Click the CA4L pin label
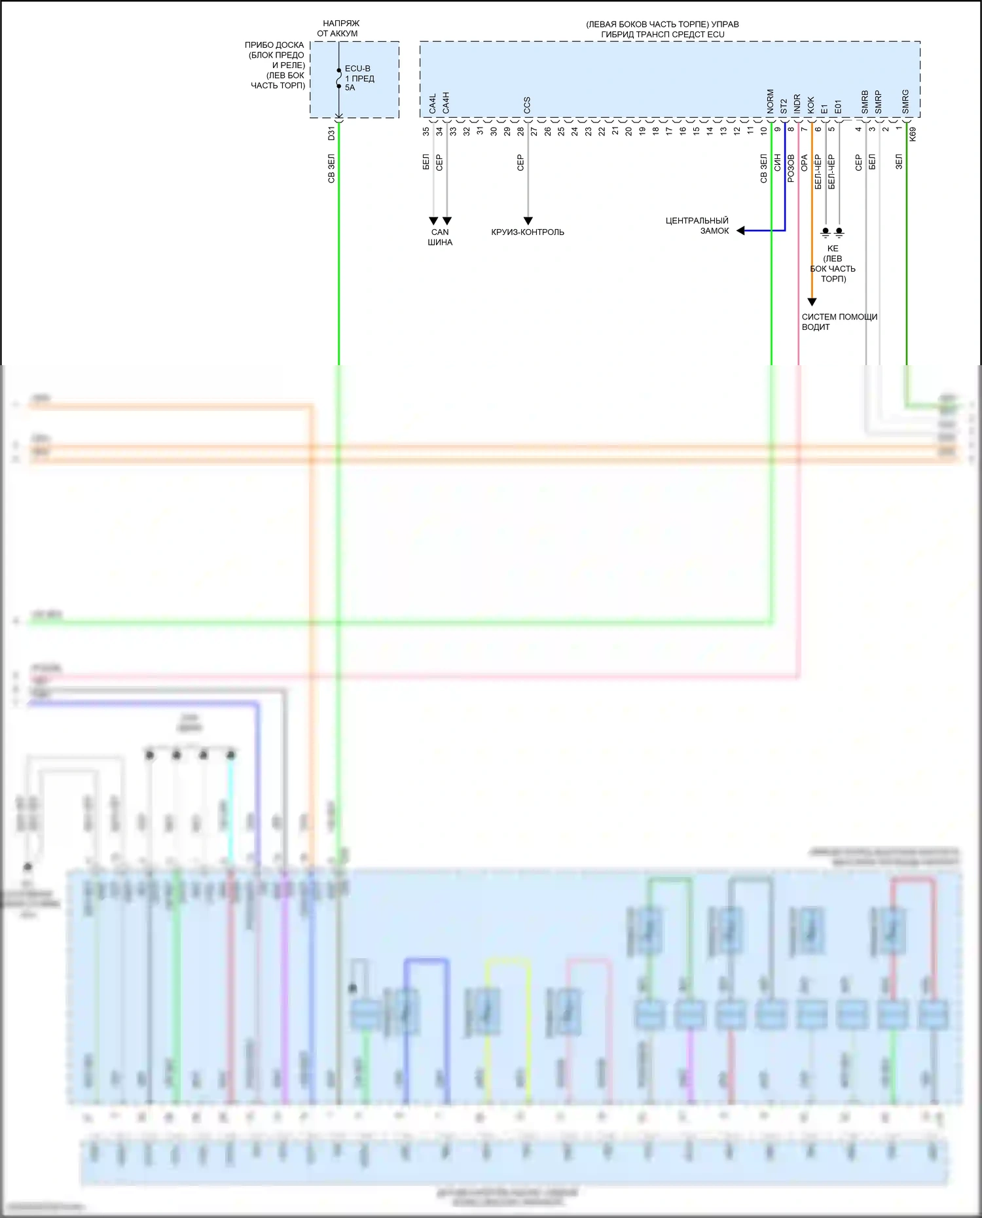(x=433, y=104)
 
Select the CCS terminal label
(x=527, y=105)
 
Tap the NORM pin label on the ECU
(x=771, y=101)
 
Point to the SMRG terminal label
(x=906, y=102)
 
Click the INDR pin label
(x=797, y=103)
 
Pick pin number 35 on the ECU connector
(x=426, y=131)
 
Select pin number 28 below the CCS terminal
(x=520, y=131)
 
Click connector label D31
(x=331, y=134)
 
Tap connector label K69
(x=913, y=134)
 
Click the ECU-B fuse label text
(x=357, y=69)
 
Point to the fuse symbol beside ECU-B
(x=339, y=78)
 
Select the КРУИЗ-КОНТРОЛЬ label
(x=528, y=232)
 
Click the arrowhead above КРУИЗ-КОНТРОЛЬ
(x=528, y=221)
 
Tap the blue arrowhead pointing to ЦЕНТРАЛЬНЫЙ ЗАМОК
(x=741, y=230)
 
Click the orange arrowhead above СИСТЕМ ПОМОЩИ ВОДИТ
(x=812, y=302)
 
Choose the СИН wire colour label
(x=778, y=163)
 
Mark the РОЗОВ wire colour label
(x=791, y=168)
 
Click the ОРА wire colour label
(x=805, y=163)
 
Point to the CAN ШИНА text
(x=440, y=237)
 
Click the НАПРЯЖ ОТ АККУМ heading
(x=338, y=28)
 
